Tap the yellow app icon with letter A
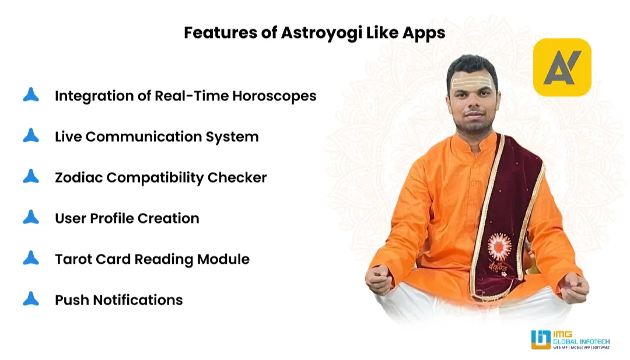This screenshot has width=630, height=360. [562, 67]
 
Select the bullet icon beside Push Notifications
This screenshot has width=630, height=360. [31, 299]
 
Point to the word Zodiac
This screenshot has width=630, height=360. [78, 177]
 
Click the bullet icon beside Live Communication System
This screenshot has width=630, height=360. [31, 136]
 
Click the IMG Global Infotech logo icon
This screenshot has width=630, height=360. [541, 340]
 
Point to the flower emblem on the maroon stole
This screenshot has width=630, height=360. [499, 247]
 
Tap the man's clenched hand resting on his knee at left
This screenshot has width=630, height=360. [379, 279]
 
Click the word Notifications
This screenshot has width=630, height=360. [138, 300]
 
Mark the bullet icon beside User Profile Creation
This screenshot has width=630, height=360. [31, 218]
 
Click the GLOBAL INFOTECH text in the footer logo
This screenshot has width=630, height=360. [582, 341]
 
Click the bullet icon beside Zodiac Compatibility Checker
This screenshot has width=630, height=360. [31, 177]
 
